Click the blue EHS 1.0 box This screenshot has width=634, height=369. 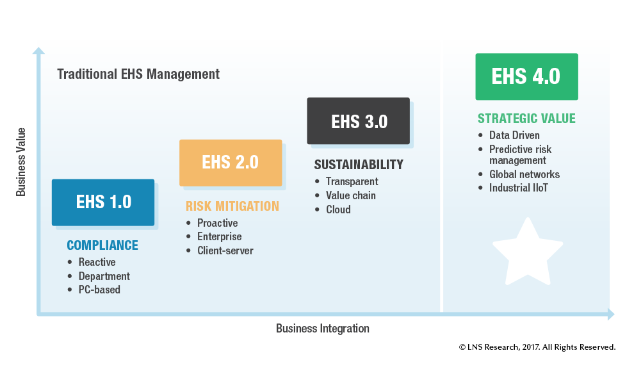103,202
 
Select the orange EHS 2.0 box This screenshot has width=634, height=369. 231,163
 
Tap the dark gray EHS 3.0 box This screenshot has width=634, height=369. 358,121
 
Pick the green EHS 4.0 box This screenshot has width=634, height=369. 526,77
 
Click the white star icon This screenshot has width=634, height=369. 527,252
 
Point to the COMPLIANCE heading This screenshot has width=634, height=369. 102,245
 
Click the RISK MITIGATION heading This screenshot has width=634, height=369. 232,206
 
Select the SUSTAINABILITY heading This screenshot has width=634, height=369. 359,165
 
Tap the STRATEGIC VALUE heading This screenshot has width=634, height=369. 526,119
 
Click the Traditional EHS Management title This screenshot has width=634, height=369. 138,74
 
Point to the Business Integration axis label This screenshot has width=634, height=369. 323,329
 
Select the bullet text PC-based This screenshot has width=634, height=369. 99,290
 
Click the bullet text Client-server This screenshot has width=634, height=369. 225,250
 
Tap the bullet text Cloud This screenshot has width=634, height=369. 338,209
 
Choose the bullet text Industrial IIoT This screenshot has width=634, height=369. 519,188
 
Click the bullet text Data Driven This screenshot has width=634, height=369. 514,136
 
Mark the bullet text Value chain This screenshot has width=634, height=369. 350,195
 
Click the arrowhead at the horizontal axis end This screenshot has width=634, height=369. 610,315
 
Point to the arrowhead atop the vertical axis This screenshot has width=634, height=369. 39,51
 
